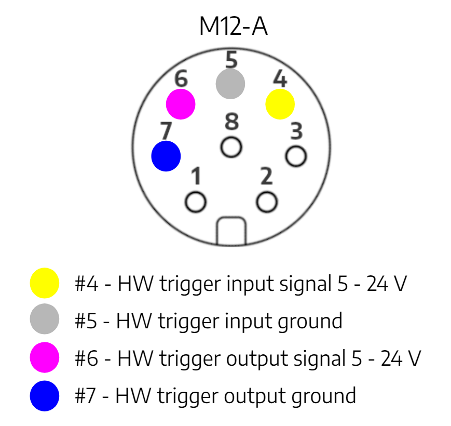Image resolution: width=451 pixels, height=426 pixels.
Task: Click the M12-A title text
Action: [233, 26]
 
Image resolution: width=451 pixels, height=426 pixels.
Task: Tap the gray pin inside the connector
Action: [230, 84]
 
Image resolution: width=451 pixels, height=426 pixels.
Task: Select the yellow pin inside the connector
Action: [280, 104]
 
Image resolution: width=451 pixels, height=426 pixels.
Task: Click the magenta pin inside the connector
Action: [181, 104]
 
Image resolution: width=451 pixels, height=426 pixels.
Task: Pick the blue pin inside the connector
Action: [166, 156]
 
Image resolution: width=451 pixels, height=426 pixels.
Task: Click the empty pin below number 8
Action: [231, 147]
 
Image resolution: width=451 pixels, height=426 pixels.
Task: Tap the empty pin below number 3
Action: [296, 156]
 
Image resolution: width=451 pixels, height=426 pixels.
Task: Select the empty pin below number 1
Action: [196, 202]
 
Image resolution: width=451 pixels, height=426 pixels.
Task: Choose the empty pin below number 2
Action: [267, 202]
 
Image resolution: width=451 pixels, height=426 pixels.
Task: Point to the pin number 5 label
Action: [231, 60]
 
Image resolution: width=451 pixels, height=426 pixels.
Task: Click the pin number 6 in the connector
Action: [181, 78]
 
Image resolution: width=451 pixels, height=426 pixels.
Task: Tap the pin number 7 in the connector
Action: [166, 130]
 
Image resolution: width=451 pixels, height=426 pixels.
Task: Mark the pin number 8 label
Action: [231, 121]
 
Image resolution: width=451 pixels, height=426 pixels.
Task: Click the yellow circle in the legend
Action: [45, 283]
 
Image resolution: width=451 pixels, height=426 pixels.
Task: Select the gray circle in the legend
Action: [45, 318]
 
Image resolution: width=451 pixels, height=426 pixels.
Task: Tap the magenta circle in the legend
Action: [45, 357]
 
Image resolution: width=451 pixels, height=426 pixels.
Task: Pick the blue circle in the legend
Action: [45, 396]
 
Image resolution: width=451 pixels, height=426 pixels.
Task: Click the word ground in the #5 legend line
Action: [310, 322]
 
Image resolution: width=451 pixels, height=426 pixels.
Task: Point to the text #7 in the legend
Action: [85, 396]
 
